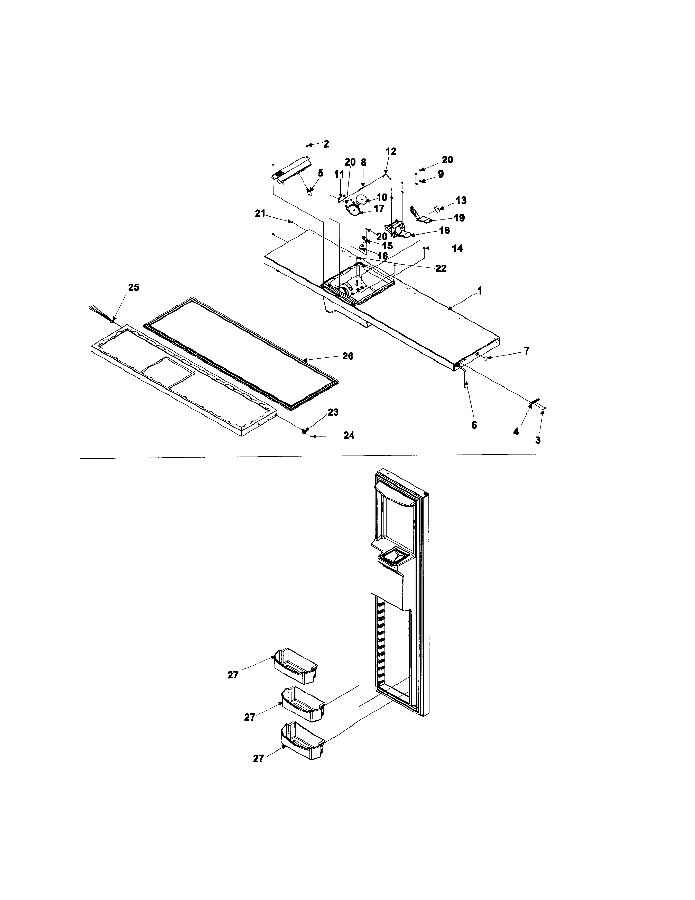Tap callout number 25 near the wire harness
pos(133,288)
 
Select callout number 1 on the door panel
pos(479,291)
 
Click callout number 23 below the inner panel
pos(333,412)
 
